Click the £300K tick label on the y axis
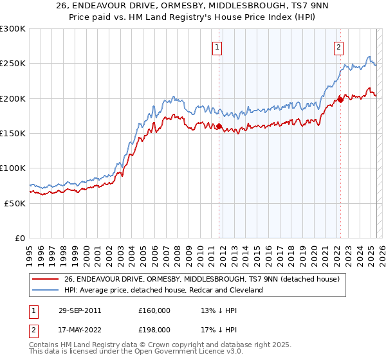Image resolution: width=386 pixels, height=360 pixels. click(x=13, y=29)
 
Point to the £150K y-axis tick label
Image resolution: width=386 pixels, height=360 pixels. click(x=13, y=134)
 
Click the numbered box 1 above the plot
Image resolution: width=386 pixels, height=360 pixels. click(x=217, y=46)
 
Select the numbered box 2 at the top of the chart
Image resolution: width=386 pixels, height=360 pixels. click(x=338, y=46)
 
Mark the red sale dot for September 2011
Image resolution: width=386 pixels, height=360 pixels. click(x=219, y=126)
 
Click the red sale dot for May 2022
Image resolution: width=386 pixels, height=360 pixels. click(x=340, y=100)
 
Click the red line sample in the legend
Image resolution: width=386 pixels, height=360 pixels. click(x=45, y=279)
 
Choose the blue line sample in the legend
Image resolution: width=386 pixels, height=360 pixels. click(x=45, y=290)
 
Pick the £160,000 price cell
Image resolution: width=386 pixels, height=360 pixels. click(x=154, y=310)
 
